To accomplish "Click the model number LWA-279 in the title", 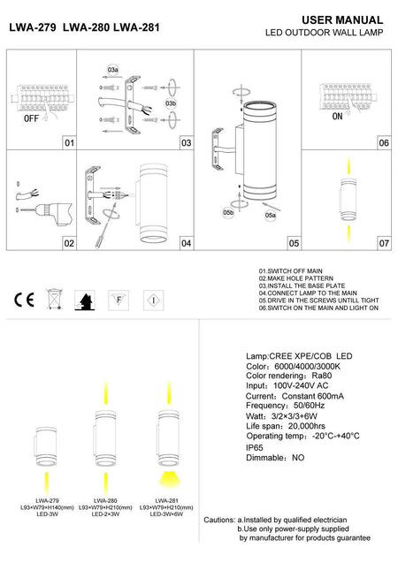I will coord(33,27).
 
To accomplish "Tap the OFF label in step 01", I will coord(29,117).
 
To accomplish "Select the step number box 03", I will coord(186,142).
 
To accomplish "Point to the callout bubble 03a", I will coord(113,68).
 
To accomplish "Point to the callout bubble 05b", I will coord(227,212).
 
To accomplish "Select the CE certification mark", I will coord(22,300).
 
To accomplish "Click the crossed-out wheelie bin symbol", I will coord(53,300).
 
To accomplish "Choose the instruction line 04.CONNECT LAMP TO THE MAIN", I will coord(307,293).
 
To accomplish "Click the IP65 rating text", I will coord(256,448).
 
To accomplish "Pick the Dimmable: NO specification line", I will coord(275,460).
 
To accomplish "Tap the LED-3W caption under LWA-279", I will coord(35,516).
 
